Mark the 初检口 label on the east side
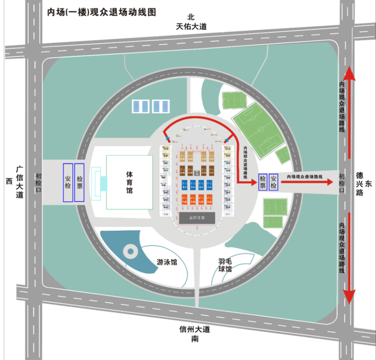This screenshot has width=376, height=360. tap(342, 182)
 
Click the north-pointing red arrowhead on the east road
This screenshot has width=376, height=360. tap(348, 74)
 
